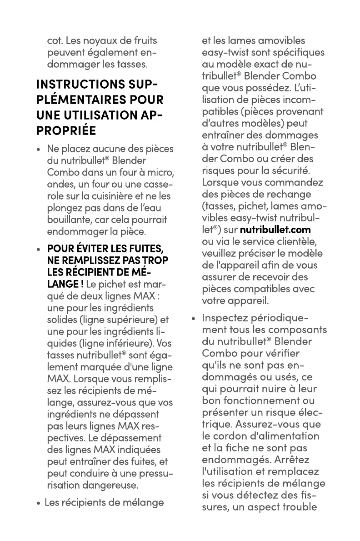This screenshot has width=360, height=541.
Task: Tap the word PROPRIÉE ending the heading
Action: [66, 130]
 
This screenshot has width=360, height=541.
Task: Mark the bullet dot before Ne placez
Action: [40, 150]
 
